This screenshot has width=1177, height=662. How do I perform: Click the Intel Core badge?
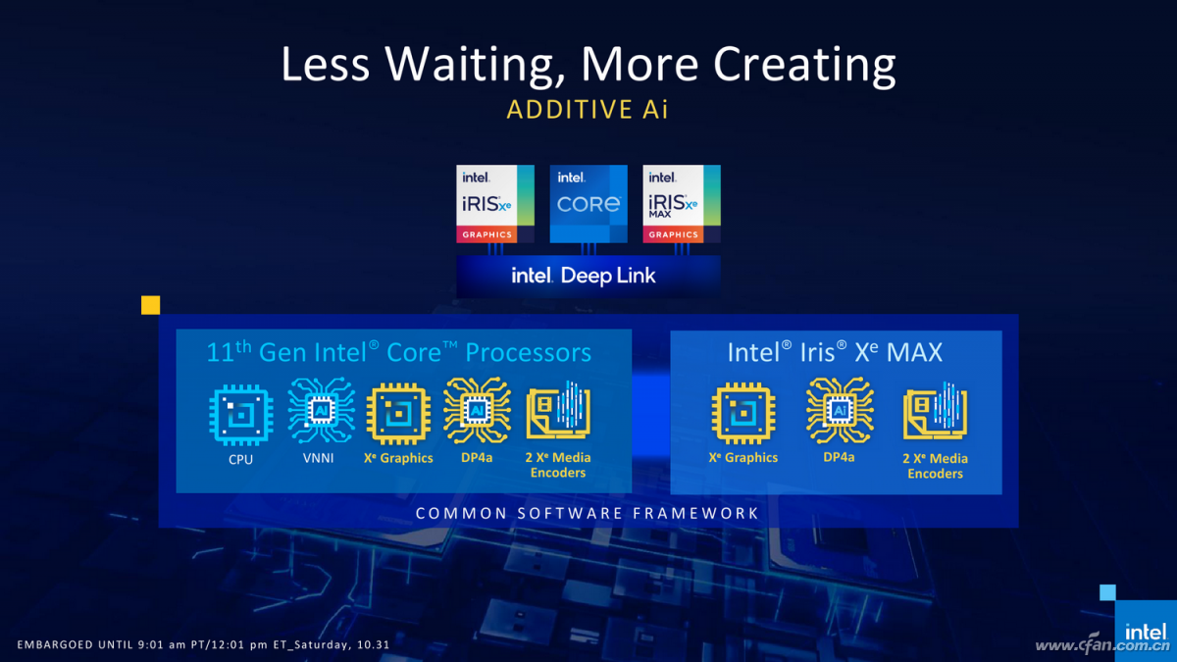(588, 204)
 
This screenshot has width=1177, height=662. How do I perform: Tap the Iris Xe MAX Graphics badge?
(682, 204)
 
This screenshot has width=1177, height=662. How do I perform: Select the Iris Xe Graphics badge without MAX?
(495, 204)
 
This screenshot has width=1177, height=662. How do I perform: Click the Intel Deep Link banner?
(588, 276)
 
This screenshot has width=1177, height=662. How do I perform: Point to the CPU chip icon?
(241, 415)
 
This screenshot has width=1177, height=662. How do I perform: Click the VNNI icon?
(321, 411)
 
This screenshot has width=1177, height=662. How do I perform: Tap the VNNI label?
(319, 458)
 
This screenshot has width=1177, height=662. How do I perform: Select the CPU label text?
(240, 459)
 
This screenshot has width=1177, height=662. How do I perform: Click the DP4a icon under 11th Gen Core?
(477, 411)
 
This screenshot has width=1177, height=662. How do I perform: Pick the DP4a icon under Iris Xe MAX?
(840, 411)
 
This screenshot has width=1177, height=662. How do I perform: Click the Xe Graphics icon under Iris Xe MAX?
(743, 414)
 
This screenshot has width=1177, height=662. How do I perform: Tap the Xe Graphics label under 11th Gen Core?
(398, 458)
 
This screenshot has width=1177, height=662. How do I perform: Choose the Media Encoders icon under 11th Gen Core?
(558, 410)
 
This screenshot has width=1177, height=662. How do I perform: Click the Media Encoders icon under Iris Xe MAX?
(936, 411)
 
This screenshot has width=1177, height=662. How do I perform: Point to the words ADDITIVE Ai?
(588, 109)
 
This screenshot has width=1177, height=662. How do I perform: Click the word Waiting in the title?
(471, 65)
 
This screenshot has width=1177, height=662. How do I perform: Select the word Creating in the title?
(804, 65)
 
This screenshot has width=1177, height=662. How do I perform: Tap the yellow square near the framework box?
(150, 305)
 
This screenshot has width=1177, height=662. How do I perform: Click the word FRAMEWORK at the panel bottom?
(695, 513)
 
